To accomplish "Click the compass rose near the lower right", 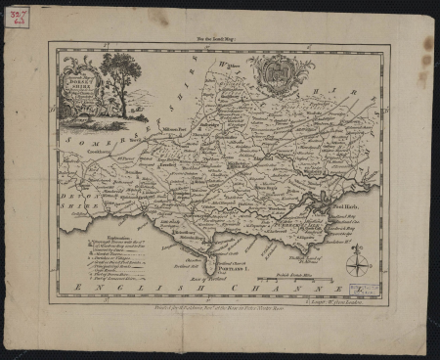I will click(x=358, y=262).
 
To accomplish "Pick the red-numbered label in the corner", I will click(x=16, y=18).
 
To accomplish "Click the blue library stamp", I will click(x=366, y=289).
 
